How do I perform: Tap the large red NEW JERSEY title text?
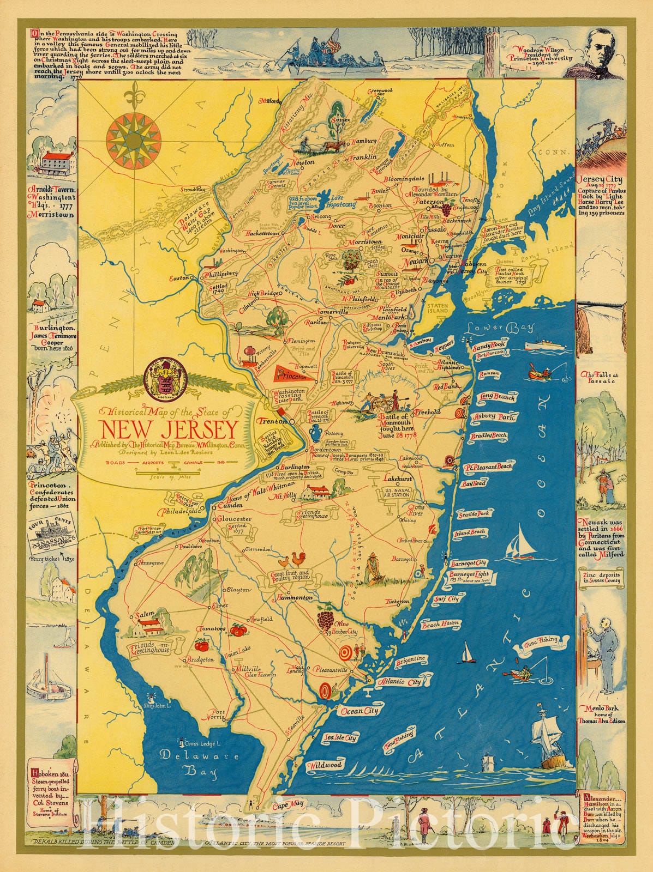click(167, 430)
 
